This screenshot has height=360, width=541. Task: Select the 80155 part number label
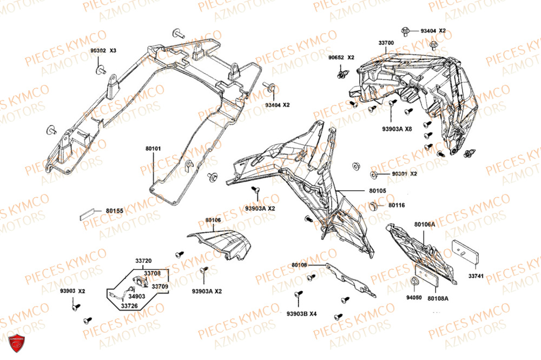tap(115, 211)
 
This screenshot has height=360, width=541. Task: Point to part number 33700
tap(386, 42)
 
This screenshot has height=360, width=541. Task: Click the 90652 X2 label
tap(341, 57)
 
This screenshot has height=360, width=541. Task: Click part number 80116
tap(397, 205)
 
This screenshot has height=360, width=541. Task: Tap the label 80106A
tap(424, 224)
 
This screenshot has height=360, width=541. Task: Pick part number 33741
tap(476, 276)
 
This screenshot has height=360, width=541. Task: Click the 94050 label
tap(414, 297)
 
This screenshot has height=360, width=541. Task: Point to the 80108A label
tap(438, 297)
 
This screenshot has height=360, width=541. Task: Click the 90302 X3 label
tap(103, 50)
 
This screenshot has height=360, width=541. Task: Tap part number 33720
tap(143, 260)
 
